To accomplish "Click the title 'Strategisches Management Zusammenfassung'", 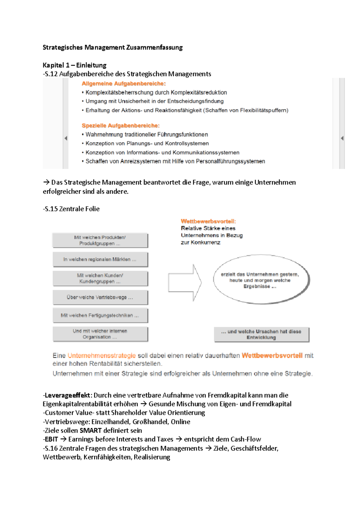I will click(x=112, y=47).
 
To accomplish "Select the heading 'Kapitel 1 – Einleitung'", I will click(x=74, y=65).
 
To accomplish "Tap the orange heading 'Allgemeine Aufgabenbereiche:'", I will click(x=124, y=84).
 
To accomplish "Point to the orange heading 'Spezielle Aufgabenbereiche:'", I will click(x=121, y=126).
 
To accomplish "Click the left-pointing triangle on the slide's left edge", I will click(x=66, y=138).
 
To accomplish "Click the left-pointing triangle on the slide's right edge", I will click(x=342, y=138).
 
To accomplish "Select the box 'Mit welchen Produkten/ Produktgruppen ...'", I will click(x=100, y=240).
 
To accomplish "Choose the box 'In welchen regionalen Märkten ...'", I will click(x=100, y=259).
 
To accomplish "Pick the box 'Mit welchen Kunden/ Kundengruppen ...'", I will click(x=100, y=278).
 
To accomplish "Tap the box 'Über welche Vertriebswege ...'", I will click(x=100, y=297).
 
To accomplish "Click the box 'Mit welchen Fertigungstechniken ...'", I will click(x=100, y=315).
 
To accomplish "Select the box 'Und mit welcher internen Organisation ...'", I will click(x=100, y=334).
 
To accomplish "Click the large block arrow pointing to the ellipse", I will click(x=185, y=282).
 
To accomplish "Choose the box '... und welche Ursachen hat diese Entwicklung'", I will click(x=261, y=334).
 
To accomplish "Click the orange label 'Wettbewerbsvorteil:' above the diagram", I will click(x=208, y=222).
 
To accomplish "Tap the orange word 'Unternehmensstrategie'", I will click(x=102, y=356).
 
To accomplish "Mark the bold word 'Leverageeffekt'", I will click(x=67, y=395).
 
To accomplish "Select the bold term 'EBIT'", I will click(x=51, y=439).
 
